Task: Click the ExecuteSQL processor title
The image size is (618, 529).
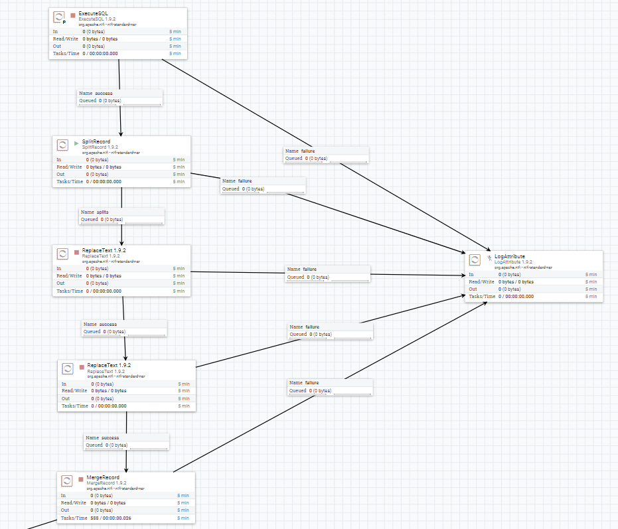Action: click(x=92, y=14)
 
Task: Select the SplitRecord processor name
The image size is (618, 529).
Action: click(x=96, y=141)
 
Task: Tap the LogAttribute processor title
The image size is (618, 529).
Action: click(x=510, y=256)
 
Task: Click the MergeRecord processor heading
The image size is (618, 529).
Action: click(x=102, y=478)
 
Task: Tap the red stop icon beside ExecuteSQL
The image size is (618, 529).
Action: click(x=73, y=15)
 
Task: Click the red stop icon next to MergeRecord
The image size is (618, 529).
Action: click(x=80, y=479)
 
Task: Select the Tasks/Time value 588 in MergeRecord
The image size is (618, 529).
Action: click(x=95, y=518)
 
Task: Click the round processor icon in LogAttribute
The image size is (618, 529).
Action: click(x=475, y=260)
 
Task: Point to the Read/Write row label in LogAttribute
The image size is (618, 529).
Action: click(x=481, y=281)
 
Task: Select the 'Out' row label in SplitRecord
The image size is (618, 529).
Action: click(x=59, y=174)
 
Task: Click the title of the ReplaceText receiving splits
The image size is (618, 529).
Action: click(x=100, y=250)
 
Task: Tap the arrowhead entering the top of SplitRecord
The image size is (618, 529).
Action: click(x=121, y=133)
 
